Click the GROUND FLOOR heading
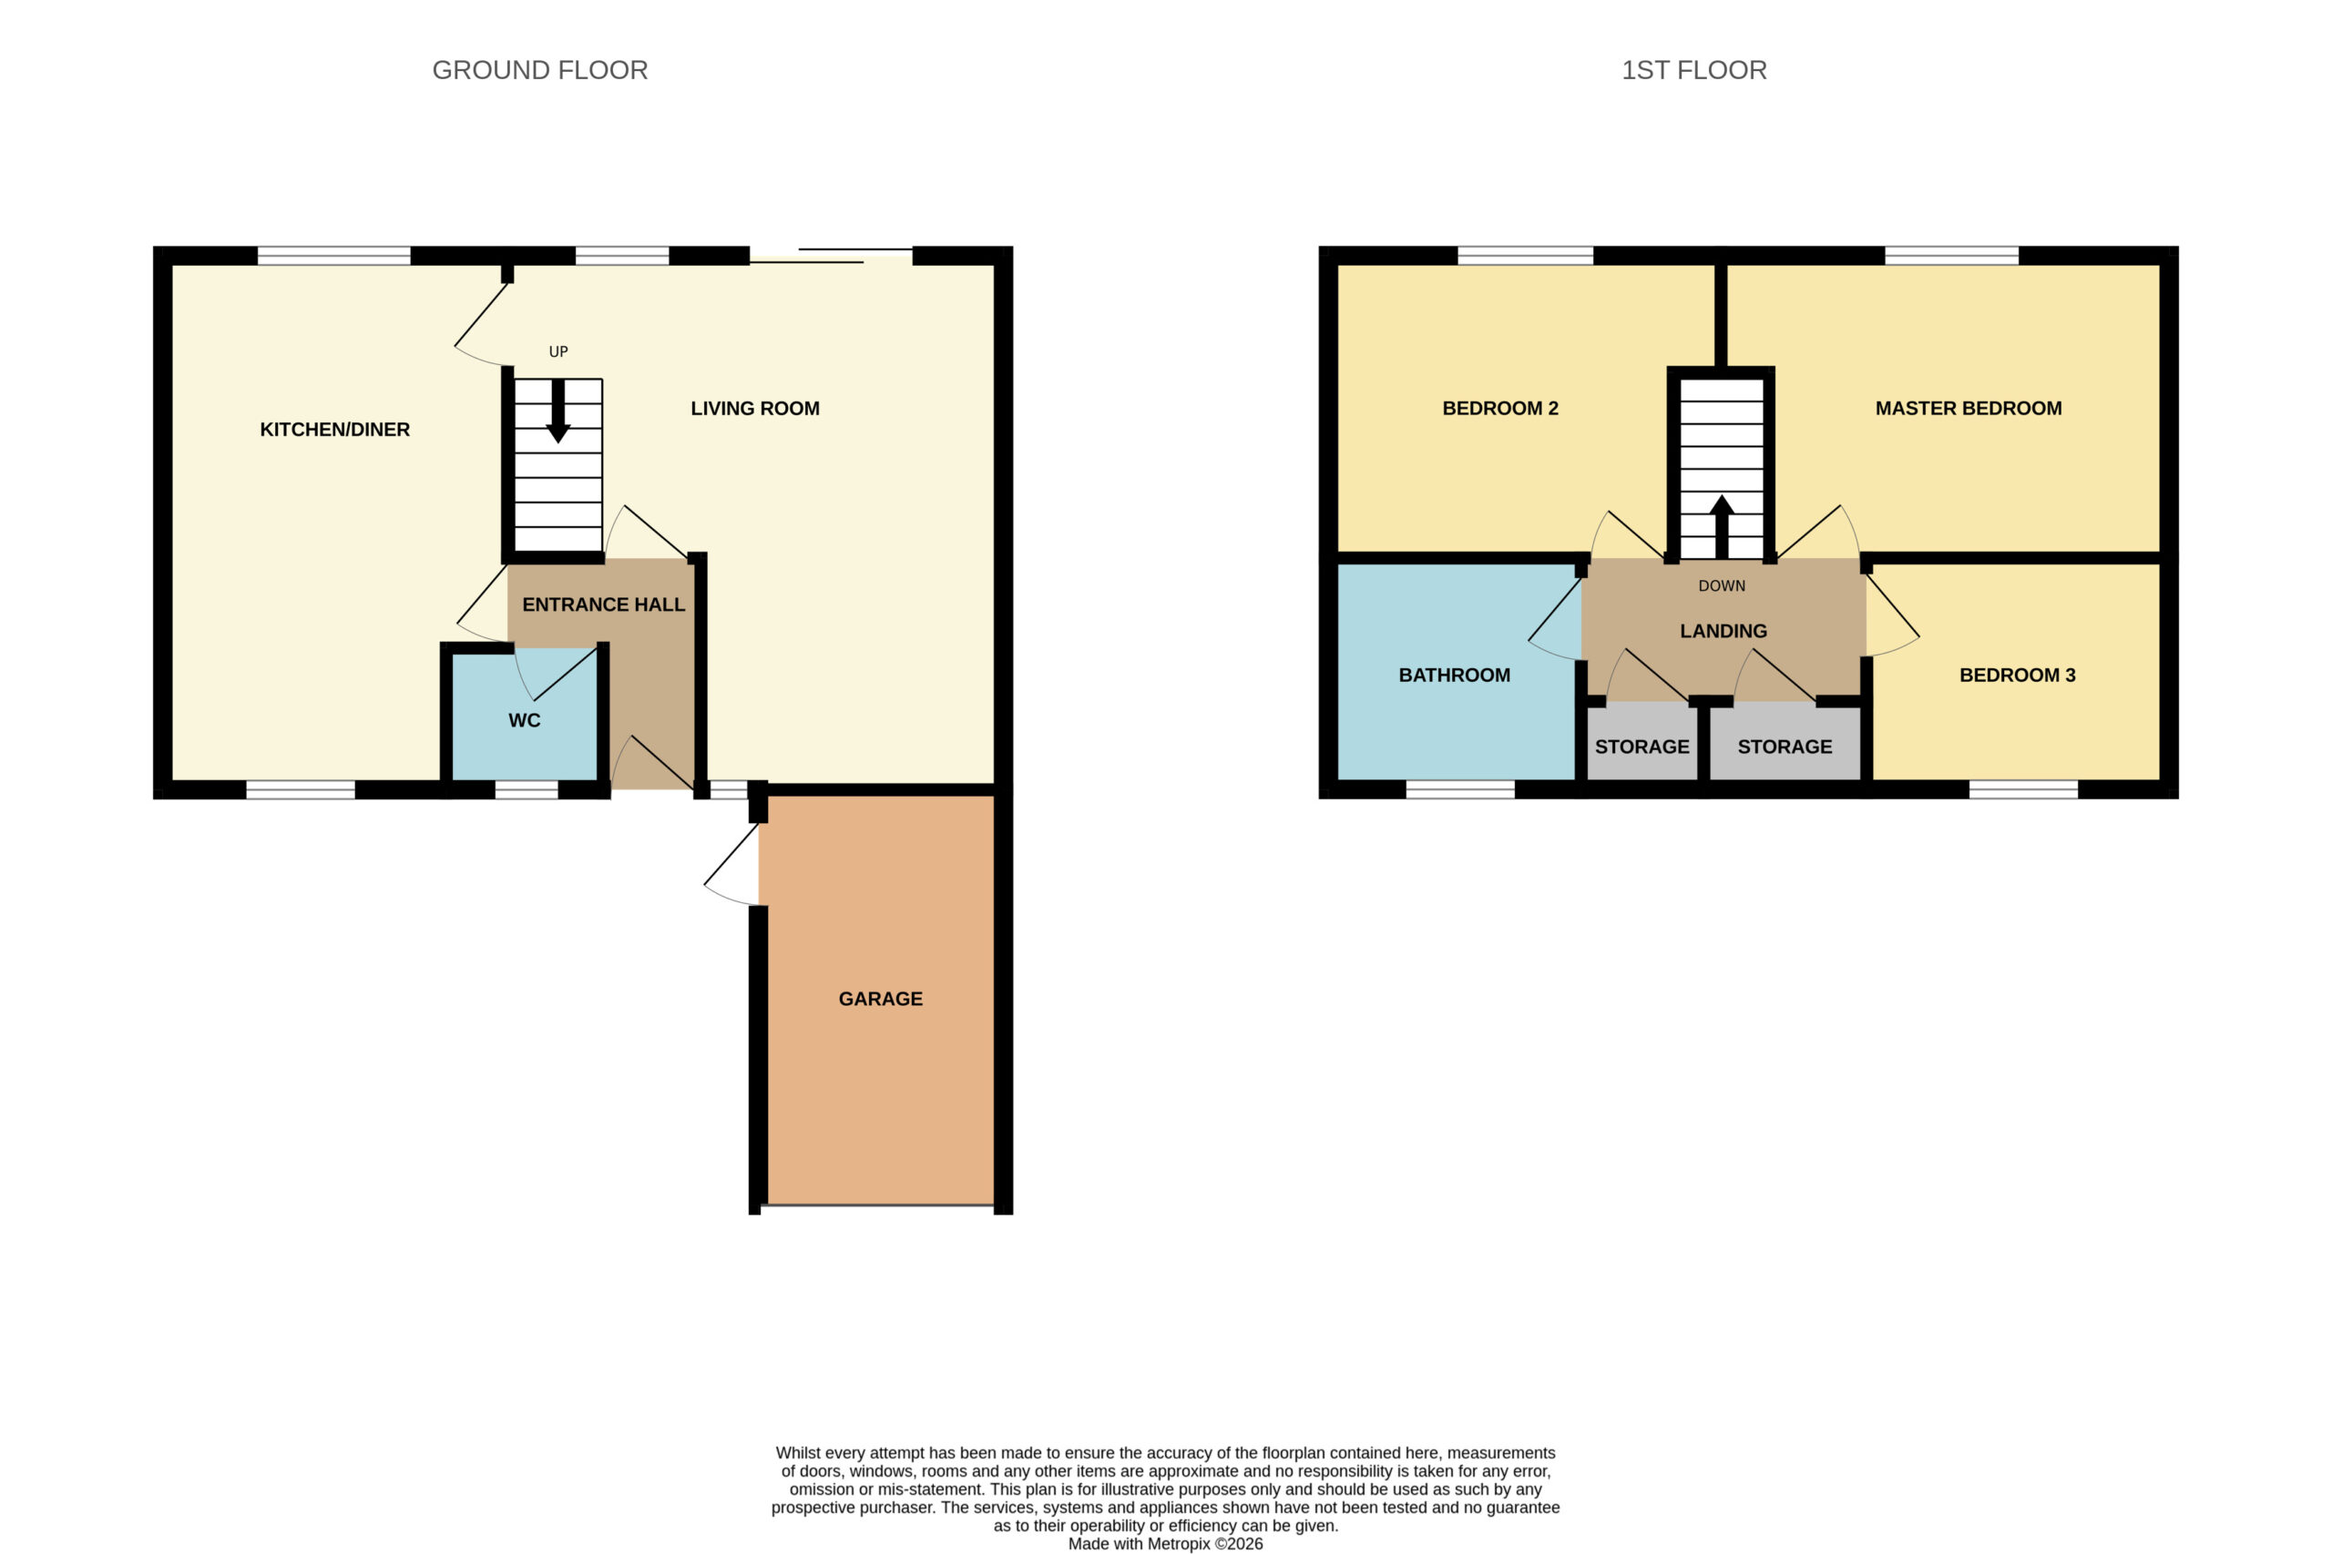click(x=539, y=70)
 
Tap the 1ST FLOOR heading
click(x=1693, y=70)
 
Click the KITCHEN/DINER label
click(x=334, y=429)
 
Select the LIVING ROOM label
click(x=754, y=409)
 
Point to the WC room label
click(x=525, y=720)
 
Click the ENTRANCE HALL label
click(x=603, y=604)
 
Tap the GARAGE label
click(x=881, y=999)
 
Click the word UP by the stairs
click(x=558, y=351)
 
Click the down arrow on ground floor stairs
click(x=558, y=411)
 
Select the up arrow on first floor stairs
click(x=1722, y=526)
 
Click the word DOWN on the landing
click(x=1722, y=585)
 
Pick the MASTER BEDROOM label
click(x=1969, y=409)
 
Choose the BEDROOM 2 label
click(x=1500, y=409)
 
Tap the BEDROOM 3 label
click(x=2017, y=675)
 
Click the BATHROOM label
click(x=1455, y=675)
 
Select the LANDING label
click(x=1723, y=631)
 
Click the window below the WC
click(x=527, y=790)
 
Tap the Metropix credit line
click(x=1165, y=1544)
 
